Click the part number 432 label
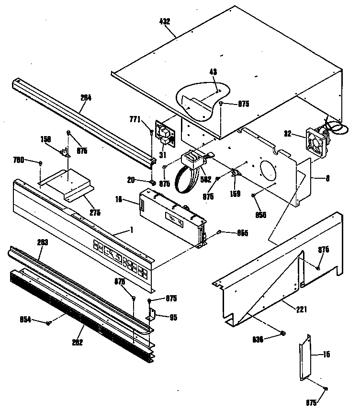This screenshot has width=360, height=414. (x=165, y=22)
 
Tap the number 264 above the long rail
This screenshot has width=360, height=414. (x=86, y=97)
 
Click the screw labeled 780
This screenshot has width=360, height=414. (x=41, y=163)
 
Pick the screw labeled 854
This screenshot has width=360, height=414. (x=48, y=323)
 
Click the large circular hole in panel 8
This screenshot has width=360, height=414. (x=267, y=172)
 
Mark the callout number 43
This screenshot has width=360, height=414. (x=213, y=71)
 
